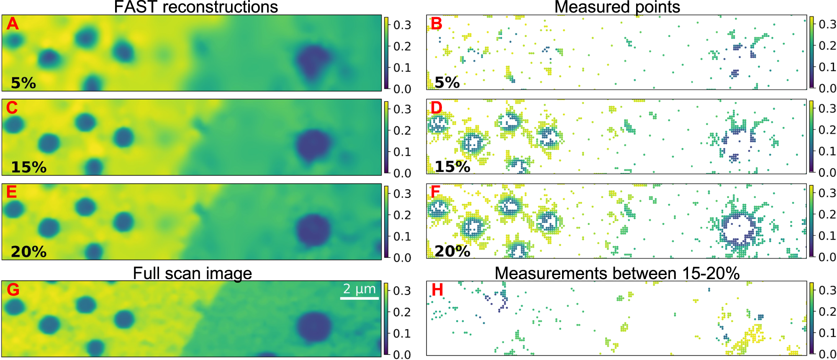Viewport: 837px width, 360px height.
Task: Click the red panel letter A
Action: click(x=13, y=24)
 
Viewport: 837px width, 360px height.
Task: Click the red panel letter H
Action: click(x=437, y=290)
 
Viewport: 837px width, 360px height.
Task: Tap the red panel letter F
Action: click(x=435, y=192)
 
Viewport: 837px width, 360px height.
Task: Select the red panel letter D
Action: click(x=436, y=108)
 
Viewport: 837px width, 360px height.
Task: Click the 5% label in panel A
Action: click(x=23, y=83)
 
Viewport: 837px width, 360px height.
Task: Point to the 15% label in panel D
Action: click(x=452, y=167)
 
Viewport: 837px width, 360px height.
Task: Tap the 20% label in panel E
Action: click(x=28, y=252)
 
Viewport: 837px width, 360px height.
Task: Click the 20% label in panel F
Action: click(x=452, y=251)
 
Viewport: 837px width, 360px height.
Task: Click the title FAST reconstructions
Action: click(x=196, y=7)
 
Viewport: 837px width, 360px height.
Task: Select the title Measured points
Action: click(x=617, y=7)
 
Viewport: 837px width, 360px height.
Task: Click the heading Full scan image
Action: click(x=192, y=273)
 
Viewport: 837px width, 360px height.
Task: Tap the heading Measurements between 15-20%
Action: click(x=617, y=273)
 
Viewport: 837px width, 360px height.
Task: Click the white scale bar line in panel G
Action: click(x=359, y=298)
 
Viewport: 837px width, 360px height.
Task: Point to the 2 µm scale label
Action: click(x=359, y=289)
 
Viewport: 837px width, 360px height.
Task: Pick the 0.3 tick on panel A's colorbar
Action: click(x=402, y=25)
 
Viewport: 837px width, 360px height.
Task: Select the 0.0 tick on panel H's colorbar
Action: click(x=827, y=354)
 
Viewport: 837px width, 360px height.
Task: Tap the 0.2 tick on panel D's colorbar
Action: click(x=827, y=130)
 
